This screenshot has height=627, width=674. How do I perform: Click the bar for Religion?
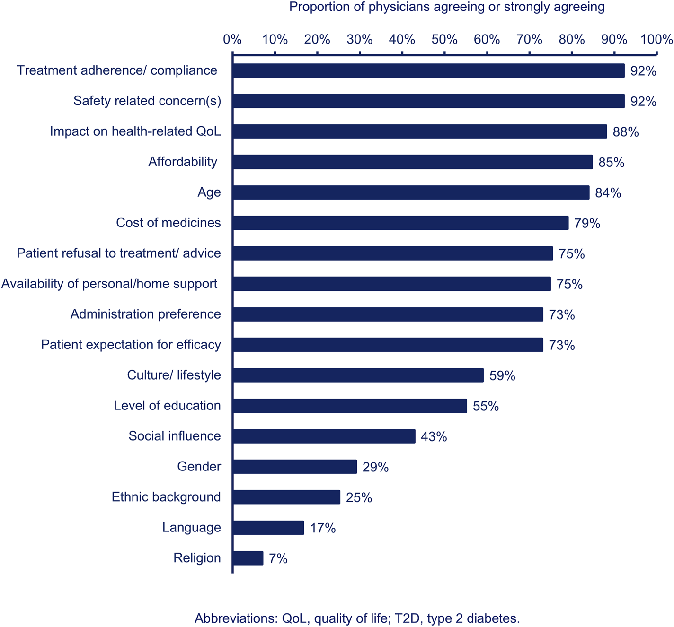click(x=248, y=558)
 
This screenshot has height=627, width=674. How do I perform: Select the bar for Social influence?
click(x=324, y=436)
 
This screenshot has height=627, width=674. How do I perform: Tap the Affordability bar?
click(x=412, y=162)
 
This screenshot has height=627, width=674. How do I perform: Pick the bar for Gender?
click(x=294, y=467)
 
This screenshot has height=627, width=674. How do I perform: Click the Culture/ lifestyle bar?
click(x=358, y=375)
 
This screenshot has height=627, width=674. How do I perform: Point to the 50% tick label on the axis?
click(x=444, y=40)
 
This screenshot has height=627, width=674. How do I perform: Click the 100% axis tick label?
click(x=656, y=40)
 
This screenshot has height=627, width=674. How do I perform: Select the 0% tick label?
click(x=232, y=40)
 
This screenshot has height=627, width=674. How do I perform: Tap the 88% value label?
click(x=626, y=132)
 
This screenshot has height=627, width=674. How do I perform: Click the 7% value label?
click(x=278, y=558)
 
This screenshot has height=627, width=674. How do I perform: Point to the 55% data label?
click(x=486, y=406)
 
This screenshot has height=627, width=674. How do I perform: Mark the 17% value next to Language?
click(x=323, y=528)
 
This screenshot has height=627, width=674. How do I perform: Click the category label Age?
click(x=209, y=192)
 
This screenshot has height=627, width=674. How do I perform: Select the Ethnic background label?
click(x=166, y=497)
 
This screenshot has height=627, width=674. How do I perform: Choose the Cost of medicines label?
click(x=168, y=223)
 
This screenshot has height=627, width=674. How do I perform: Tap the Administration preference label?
click(x=146, y=314)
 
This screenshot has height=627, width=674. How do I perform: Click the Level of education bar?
click(x=350, y=406)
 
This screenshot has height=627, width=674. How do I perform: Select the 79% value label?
click(x=587, y=223)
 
